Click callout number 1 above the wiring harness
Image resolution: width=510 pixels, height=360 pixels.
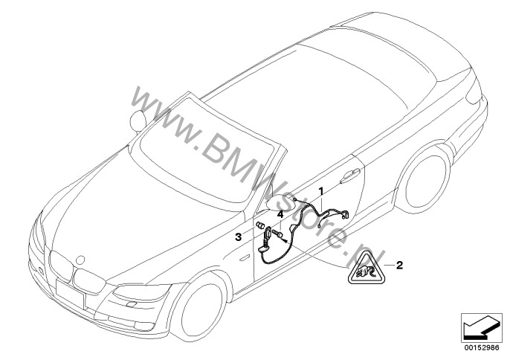(x=320, y=191)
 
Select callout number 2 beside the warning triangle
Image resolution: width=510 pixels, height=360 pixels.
(x=399, y=264)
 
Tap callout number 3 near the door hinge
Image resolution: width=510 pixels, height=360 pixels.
(x=239, y=237)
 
